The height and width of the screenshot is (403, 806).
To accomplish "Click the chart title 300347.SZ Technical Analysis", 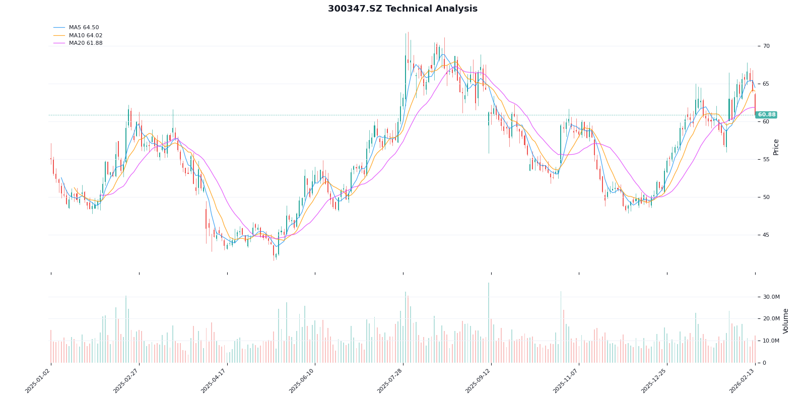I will [402, 9].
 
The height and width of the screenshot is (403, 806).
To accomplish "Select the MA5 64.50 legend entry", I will [84, 28].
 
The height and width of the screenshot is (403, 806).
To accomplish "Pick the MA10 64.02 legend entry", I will [85, 35].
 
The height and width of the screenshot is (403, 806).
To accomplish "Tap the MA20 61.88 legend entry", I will [85, 43].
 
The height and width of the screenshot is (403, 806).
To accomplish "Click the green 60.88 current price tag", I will [766, 115].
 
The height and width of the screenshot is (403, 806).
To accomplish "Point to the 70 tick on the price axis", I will [766, 46].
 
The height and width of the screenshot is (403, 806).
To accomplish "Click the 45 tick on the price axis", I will [766, 235].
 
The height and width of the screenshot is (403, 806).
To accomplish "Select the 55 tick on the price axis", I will [766, 160].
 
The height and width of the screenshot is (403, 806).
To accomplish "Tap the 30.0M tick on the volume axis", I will [771, 297].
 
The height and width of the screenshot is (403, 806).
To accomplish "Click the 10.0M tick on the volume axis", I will [771, 341].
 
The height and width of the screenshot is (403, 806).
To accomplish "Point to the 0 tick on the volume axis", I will [764, 363].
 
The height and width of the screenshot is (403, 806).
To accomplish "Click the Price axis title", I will [776, 147].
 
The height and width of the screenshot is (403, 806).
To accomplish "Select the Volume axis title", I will [785, 321].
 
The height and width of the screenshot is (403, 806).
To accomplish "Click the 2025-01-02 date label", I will [38, 382].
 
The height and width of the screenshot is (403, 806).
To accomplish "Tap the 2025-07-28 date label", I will [390, 382].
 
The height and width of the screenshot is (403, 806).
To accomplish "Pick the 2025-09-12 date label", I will [479, 382].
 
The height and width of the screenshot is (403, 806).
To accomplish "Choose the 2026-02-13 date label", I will [743, 382].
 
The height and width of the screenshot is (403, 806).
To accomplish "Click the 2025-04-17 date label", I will [215, 382].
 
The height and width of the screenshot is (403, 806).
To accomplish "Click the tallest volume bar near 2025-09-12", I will [488, 322].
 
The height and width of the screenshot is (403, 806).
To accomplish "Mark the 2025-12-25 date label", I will [654, 382].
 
